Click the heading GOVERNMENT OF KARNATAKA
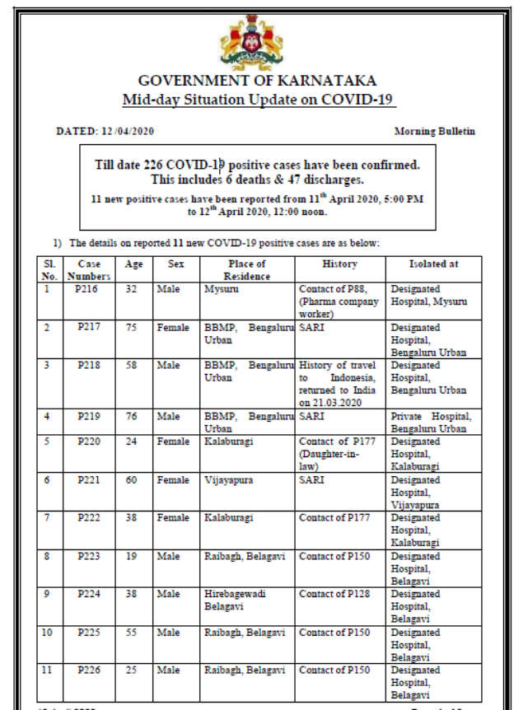[x=258, y=81]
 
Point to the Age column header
[x=133, y=264]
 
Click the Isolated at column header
[x=433, y=264]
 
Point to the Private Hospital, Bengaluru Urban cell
[x=432, y=423]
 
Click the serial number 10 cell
[x=49, y=632]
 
